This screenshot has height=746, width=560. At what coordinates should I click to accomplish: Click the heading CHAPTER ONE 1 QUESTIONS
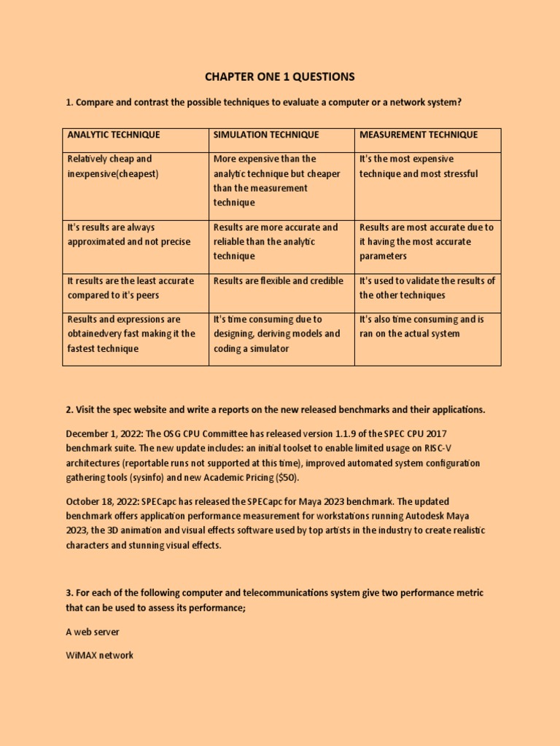coord(279,76)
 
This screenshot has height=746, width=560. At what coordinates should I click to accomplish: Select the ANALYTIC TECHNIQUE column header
coord(114,135)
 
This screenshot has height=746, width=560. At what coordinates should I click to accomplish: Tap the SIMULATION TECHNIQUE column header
coord(265,135)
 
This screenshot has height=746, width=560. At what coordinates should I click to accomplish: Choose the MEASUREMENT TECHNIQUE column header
coord(419,135)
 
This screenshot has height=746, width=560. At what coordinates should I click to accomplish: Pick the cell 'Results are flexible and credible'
coord(278,280)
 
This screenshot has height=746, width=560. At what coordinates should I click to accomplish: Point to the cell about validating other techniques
coord(427,288)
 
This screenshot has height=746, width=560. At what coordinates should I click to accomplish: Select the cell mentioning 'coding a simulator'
coord(276,334)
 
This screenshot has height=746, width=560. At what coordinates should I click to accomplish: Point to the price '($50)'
coord(284,478)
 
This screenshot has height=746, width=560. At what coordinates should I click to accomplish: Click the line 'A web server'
coord(93,632)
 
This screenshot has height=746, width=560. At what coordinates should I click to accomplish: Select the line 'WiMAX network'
coord(100,655)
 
